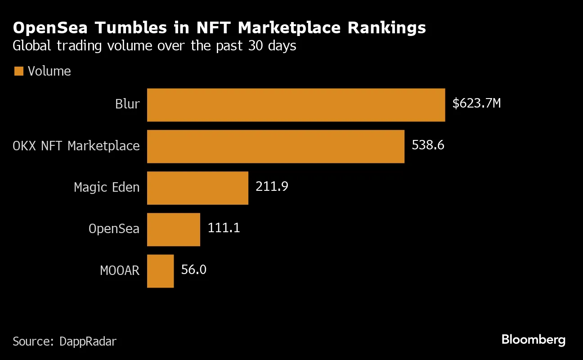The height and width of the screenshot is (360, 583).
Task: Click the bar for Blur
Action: (296, 105)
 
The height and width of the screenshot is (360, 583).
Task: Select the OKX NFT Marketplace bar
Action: (276, 146)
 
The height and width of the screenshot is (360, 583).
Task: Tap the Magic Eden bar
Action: (197, 188)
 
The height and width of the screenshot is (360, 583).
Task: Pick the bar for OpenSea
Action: (174, 229)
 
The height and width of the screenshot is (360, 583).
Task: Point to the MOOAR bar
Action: (160, 271)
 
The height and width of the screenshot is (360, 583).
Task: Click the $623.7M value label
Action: (476, 104)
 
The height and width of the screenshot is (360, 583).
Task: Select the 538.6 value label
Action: (428, 145)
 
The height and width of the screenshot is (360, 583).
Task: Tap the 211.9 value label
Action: (272, 187)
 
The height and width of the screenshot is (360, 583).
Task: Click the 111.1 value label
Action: (224, 228)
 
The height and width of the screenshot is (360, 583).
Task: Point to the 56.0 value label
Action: (193, 270)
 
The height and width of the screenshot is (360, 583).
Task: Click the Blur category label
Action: (127, 104)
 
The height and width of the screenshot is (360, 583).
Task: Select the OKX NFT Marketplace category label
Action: (76, 146)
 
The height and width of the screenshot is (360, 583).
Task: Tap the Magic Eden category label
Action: (107, 187)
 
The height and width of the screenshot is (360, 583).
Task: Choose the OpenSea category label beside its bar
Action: (114, 229)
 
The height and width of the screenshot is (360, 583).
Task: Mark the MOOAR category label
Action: (120, 270)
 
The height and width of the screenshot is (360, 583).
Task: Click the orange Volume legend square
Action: (18, 71)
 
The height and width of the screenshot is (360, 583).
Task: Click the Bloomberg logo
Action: (534, 340)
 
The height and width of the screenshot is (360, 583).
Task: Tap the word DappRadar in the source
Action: (88, 342)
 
